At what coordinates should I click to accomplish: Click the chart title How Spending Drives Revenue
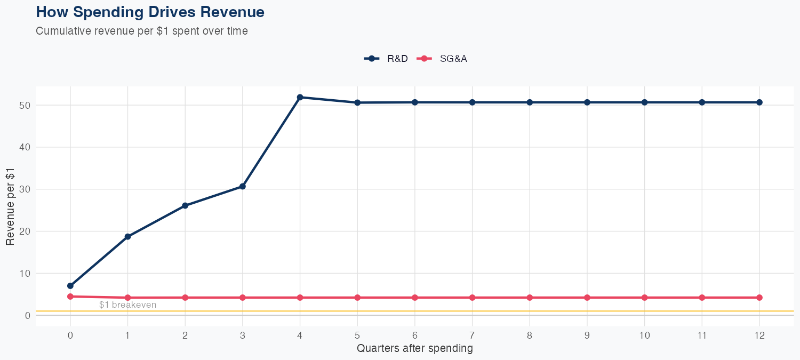pos(150,12)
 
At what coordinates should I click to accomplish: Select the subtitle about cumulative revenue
pos(142,31)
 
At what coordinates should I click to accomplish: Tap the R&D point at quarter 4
pos(300,97)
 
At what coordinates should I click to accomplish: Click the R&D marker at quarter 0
pos(70,286)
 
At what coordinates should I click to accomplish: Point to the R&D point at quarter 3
pos(243,186)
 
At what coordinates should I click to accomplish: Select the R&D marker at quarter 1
pos(127,236)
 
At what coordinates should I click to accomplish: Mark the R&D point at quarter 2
pos(185,205)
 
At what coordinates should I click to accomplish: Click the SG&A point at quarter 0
pos(70,297)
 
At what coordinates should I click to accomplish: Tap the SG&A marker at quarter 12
pos(759,298)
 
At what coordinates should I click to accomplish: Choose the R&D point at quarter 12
pos(759,102)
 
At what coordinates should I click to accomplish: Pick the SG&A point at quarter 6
pos(415,298)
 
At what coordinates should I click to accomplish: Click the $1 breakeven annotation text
pos(127,305)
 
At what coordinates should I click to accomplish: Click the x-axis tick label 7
pos(472,335)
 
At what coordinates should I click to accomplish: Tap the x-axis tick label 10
pos(644,335)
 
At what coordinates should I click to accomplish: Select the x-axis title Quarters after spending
pos(414,349)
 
